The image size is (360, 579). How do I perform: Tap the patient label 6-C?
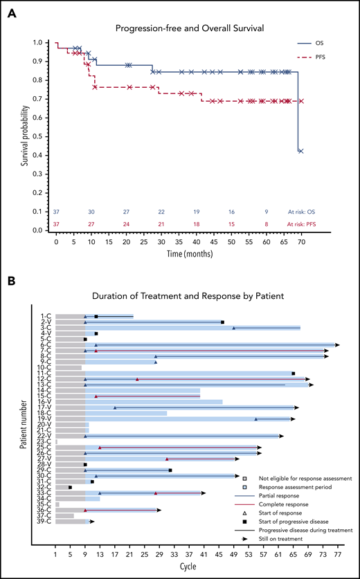click(46, 344)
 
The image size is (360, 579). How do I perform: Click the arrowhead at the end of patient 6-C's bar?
click(337, 344)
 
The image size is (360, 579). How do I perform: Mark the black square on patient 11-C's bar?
click(294, 374)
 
